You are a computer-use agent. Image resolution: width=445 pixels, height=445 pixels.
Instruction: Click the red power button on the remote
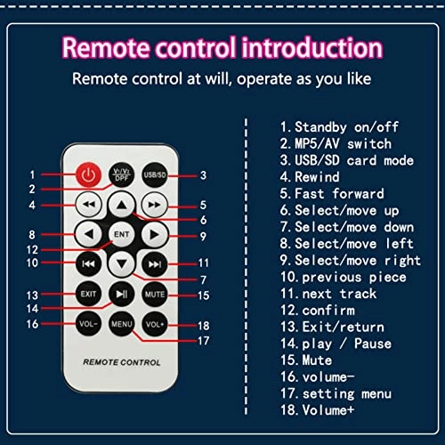88,174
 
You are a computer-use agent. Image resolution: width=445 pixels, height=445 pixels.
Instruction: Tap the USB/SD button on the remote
155,174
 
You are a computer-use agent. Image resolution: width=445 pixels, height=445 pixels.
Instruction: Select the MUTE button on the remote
155,294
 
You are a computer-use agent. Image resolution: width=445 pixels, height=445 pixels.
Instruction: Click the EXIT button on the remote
88,294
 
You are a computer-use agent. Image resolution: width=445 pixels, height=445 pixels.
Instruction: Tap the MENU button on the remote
122,324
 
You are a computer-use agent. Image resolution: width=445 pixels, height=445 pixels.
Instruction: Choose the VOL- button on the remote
88,324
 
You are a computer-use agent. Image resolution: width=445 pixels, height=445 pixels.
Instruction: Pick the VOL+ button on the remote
155,324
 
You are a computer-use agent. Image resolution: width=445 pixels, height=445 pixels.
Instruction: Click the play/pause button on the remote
122,294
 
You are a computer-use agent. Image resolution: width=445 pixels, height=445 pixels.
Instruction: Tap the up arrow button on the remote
122,205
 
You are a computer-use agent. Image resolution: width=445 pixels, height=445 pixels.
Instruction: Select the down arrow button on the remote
122,263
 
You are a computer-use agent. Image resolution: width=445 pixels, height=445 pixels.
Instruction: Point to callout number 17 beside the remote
204,341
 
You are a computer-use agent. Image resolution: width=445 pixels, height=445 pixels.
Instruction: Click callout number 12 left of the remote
32,249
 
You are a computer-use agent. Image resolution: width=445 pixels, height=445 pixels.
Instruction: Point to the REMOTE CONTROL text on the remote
122,362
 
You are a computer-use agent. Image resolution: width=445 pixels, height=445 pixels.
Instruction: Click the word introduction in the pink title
312,47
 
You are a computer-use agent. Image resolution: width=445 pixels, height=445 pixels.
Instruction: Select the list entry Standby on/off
339,127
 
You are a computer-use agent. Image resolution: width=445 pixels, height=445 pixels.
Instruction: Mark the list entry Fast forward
332,194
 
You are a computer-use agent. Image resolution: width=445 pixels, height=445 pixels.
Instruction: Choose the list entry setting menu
336,393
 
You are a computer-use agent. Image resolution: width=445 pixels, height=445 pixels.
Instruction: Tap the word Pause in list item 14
373,344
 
